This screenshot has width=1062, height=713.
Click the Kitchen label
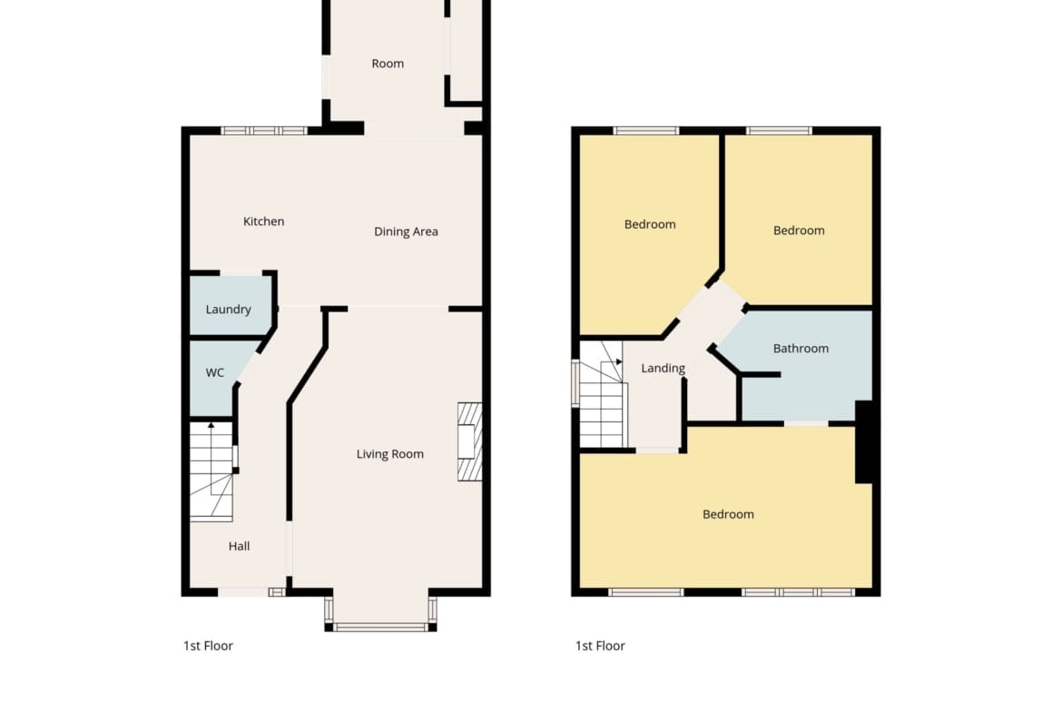click(263, 221)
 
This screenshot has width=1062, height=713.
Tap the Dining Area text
click(406, 231)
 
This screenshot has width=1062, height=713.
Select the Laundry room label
click(228, 309)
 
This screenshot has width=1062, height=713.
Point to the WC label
click(215, 372)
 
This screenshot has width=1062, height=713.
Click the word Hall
click(239, 546)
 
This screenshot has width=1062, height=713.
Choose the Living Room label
click(390, 454)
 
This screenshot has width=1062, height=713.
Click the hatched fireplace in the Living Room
click(469, 442)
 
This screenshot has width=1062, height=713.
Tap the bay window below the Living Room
click(380, 613)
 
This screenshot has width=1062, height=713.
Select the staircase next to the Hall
click(211, 471)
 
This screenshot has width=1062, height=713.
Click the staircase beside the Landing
click(602, 394)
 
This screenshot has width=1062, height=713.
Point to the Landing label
click(664, 368)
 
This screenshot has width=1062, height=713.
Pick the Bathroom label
click(801, 349)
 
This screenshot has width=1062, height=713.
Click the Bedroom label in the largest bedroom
click(728, 514)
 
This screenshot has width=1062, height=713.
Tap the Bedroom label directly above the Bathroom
click(799, 231)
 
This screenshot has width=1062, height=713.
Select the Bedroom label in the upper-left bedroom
click(650, 224)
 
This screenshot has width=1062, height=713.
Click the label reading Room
click(388, 64)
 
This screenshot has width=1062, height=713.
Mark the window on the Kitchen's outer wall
click(264, 131)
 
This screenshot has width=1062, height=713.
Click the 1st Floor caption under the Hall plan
click(208, 646)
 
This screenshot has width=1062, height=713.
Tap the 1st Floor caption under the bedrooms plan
click(600, 646)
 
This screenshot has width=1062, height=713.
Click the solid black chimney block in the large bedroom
click(863, 442)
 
